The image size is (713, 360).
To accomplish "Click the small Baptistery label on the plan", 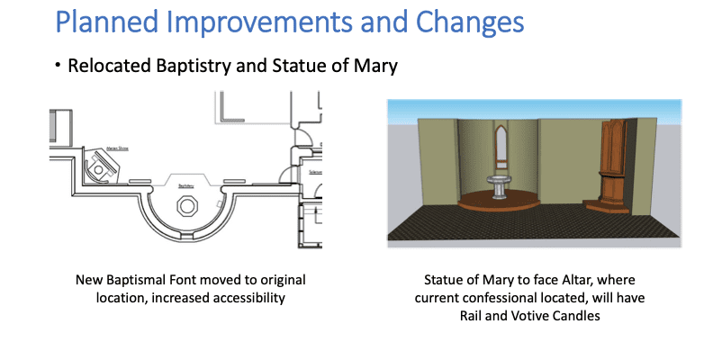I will coord(186,185).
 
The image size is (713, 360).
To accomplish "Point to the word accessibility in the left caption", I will coord(248,296).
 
